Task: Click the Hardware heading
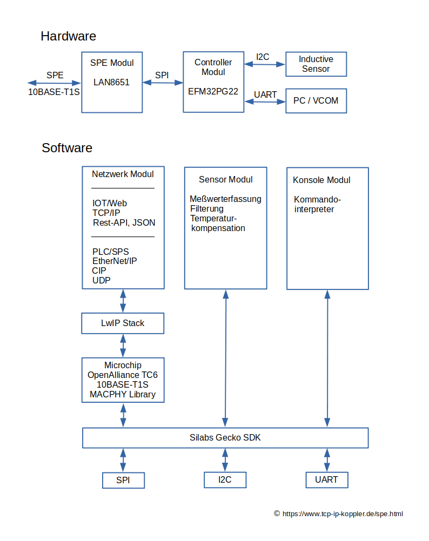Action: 68,36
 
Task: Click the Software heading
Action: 67,148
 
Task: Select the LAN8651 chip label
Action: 111,83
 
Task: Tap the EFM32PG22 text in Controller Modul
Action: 213,91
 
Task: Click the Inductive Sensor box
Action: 316,64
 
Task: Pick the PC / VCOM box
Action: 316,101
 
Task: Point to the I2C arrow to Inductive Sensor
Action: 265,64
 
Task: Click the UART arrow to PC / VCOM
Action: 265,102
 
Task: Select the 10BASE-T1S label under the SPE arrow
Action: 54,92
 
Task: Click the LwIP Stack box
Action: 123,323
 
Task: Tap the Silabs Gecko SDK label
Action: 225,437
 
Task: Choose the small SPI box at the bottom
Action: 123,481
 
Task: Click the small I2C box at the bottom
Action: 225,480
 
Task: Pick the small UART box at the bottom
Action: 327,480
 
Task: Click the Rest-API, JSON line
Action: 124,223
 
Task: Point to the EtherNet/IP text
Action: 115,261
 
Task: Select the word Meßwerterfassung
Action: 226,199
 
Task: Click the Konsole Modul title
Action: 321,180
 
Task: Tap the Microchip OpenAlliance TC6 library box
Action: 123,380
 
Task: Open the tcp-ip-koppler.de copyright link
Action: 343,514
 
